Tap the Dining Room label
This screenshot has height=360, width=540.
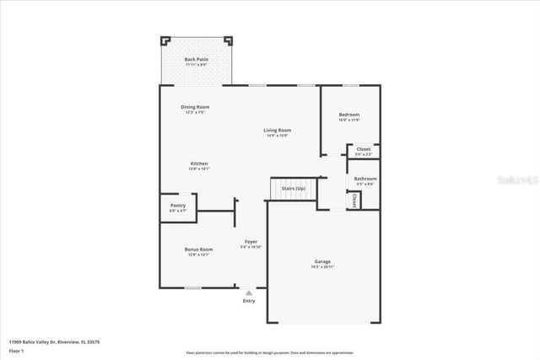195,107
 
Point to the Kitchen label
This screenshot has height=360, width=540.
199,164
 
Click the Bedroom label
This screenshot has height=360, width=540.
349,115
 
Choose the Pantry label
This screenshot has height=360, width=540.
178,205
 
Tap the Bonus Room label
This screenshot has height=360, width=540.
199,250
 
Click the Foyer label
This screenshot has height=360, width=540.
251,242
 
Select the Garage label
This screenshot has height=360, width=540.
322,262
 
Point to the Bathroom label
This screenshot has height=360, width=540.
365,179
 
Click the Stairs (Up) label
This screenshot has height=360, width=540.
294,188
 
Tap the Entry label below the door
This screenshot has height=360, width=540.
249,301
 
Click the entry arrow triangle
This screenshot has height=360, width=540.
249,293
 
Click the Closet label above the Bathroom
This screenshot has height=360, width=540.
363,149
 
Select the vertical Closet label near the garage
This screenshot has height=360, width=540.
354,200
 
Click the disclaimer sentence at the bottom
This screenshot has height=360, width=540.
270,352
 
